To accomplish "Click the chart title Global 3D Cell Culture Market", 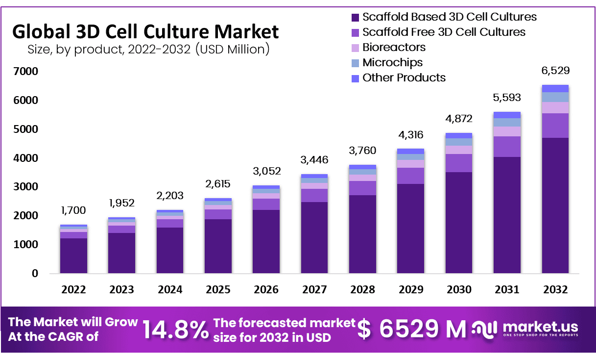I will coord(145,31).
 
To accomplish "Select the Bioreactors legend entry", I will coord(394,47).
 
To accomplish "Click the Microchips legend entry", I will coord(392,62).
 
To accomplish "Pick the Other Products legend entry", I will coord(404,77).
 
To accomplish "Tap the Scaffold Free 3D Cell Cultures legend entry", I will coord(444,32).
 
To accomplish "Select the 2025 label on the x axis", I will coord(218,289).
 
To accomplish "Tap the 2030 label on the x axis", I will coord(459,289).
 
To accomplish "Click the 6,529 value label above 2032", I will coord(555,71).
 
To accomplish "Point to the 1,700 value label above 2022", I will coord(73,210).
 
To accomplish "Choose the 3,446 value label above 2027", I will coord(314,160).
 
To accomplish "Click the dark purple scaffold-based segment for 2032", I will coord(555,206).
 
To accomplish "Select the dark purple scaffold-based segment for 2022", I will coord(73,255).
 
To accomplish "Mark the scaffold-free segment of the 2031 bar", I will coord(507,147).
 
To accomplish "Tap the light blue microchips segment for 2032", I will coord(555,97).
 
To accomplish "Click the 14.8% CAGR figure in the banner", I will coord(176,329).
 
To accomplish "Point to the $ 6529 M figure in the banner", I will coord(411,329).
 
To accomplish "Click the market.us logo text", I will coord(540,327).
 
